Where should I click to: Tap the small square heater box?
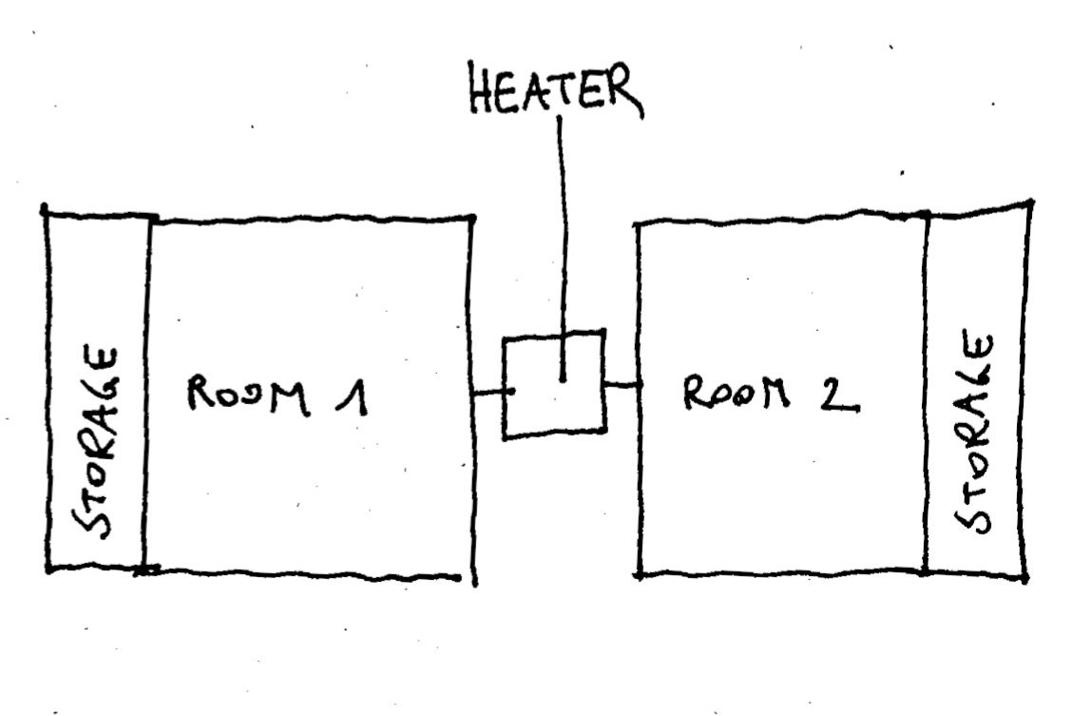click(x=554, y=384)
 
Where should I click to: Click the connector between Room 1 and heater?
click(x=490, y=392)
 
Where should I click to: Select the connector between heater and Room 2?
click(x=621, y=385)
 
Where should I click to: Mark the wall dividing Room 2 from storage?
click(x=926, y=390)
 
